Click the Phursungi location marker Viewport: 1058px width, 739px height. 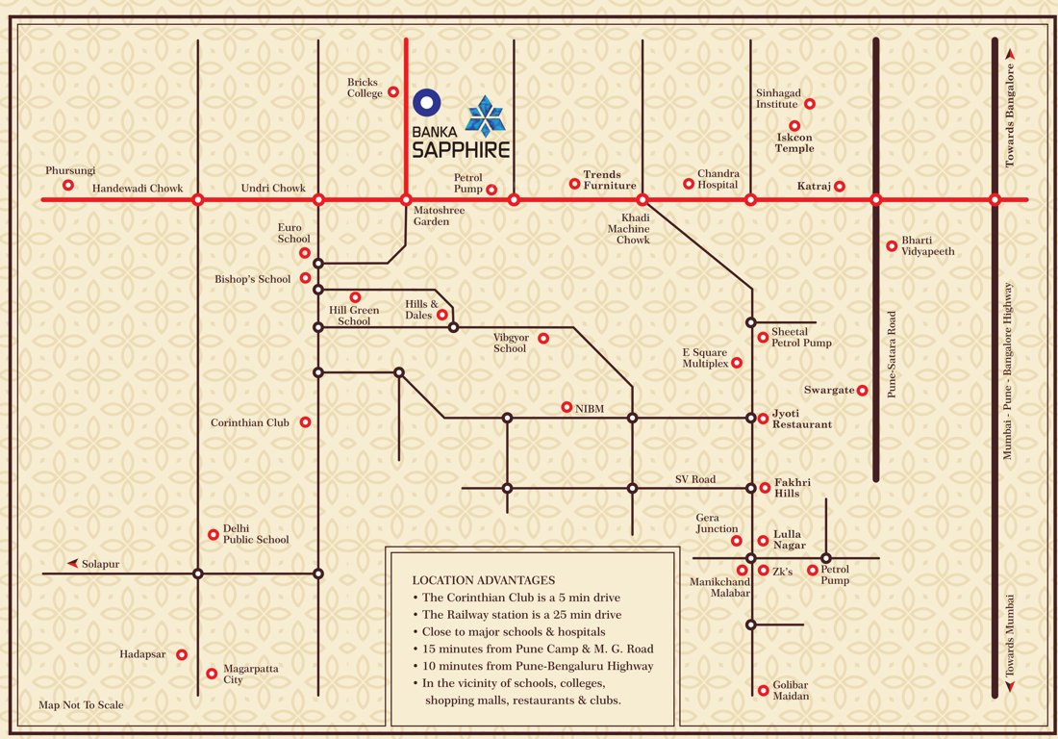pos(68,185)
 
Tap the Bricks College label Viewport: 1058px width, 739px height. pos(363,88)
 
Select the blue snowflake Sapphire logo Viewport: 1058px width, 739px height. pos(488,115)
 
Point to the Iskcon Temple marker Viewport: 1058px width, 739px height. pos(794,126)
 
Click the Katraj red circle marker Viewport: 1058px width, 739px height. pos(840,186)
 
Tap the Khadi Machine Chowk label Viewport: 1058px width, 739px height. pos(628,229)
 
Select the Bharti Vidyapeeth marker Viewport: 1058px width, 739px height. pos(892,245)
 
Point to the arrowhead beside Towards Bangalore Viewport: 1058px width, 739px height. pos(1010,57)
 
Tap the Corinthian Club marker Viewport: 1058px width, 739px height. pos(306,421)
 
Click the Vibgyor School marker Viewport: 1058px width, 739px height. pos(543,338)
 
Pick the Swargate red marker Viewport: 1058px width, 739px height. pos(863,390)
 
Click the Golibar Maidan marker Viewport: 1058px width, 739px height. pos(764,688)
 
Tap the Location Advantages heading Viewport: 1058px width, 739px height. pos(484,580)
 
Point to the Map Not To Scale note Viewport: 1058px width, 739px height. pos(81,705)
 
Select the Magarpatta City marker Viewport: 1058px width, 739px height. pos(212,674)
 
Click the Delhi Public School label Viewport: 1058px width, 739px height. pos(256,534)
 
